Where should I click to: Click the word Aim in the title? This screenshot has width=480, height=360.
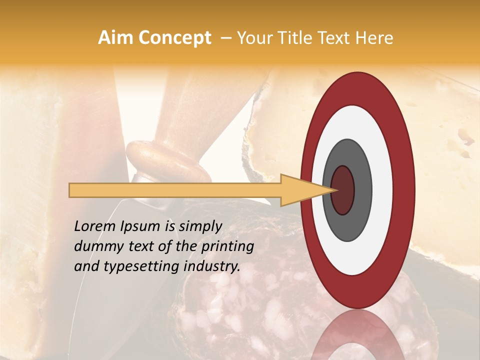[x=116, y=38]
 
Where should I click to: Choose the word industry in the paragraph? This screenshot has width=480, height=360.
[x=212, y=266]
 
